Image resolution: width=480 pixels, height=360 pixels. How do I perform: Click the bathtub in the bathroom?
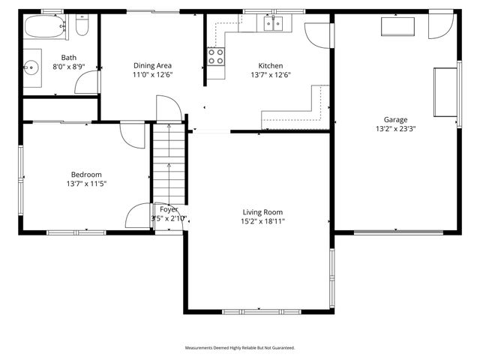coord(44,28)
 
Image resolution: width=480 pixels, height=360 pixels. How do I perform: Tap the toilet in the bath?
coord(82,28)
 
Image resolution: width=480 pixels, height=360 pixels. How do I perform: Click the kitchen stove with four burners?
coord(216,56)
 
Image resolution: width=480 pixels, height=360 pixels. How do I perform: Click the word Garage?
coord(395,119)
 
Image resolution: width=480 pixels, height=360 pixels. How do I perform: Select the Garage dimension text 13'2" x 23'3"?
coord(395,128)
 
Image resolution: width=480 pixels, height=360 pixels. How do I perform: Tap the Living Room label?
coord(262,211)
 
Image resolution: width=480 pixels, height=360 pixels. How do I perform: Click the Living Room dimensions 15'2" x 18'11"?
coord(262,220)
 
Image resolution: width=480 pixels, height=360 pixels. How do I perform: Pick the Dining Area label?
coord(152,65)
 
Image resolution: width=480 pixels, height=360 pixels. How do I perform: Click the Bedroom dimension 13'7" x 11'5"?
coord(86,183)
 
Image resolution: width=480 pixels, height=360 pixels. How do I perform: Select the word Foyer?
coord(169,209)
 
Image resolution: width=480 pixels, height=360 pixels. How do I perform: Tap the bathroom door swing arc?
coord(87,83)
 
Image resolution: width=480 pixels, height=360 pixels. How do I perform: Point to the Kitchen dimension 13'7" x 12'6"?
coord(270,74)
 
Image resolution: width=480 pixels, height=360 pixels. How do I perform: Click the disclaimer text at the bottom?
coord(240,348)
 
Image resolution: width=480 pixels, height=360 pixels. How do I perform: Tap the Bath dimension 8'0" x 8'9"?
coord(69,66)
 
